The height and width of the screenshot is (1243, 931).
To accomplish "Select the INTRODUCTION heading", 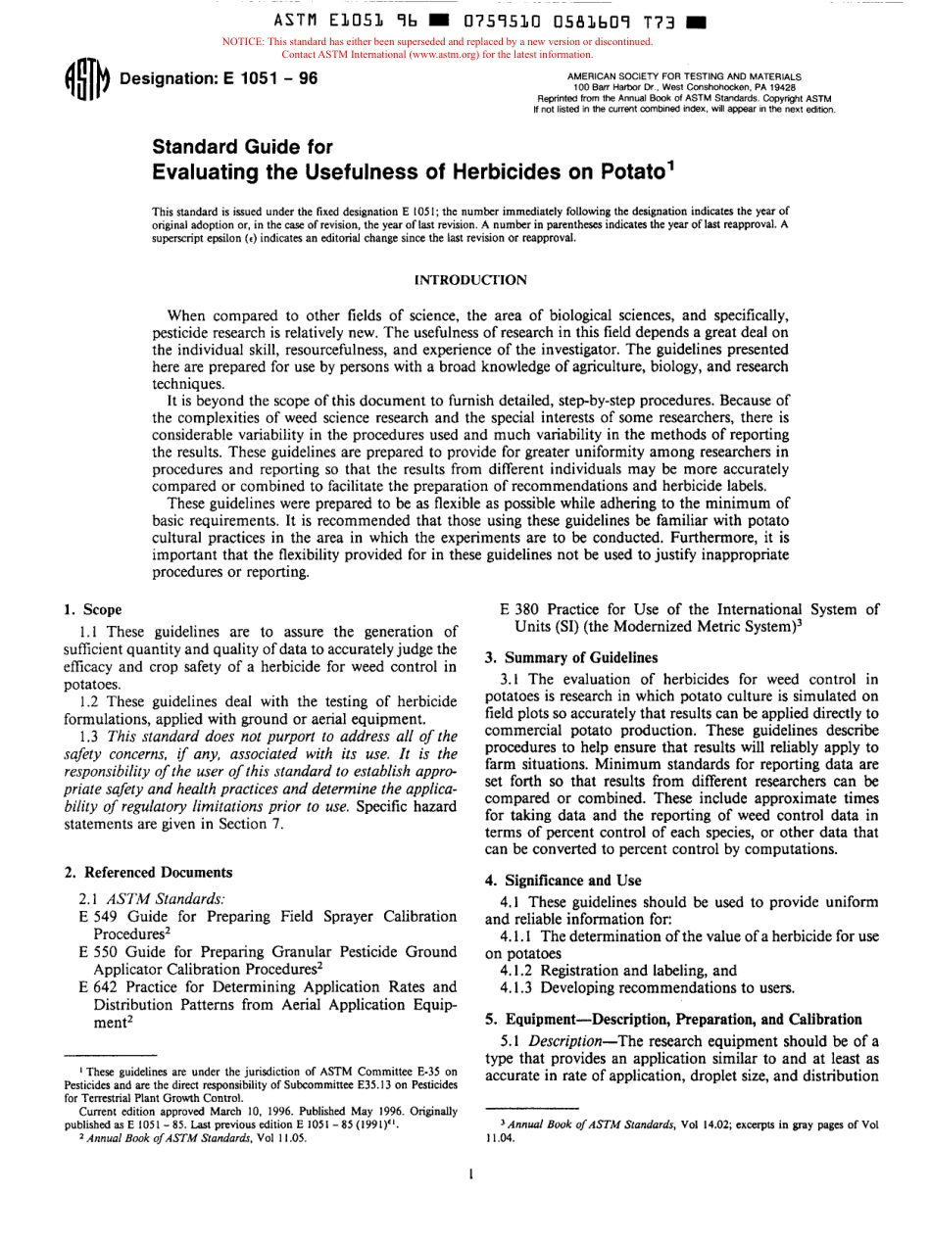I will [471, 280].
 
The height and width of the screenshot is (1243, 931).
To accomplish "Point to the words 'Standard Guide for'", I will [243, 147].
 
